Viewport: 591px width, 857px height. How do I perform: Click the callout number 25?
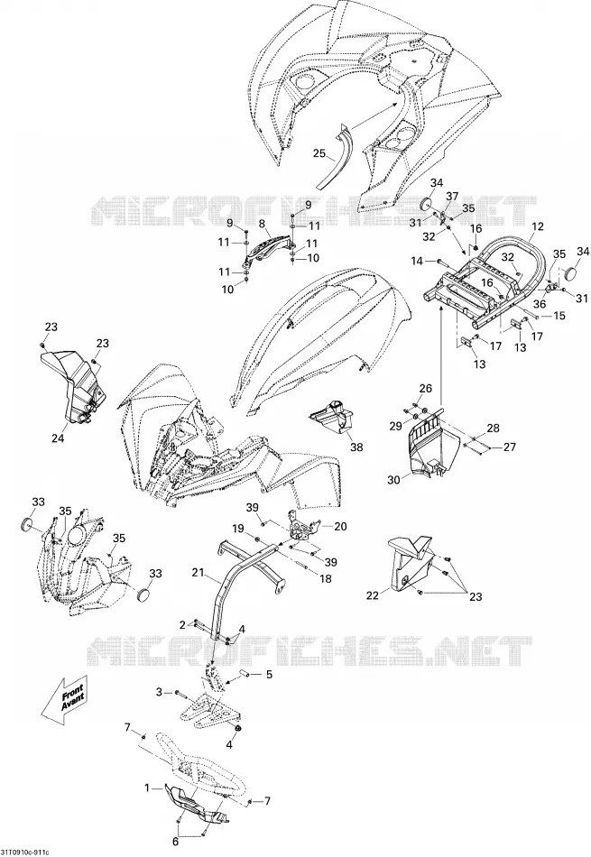tap(319, 153)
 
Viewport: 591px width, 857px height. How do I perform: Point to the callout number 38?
tap(356, 447)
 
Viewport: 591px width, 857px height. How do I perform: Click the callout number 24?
tap(58, 438)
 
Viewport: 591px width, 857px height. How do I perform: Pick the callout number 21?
tap(199, 573)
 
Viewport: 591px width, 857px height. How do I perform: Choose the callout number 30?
tap(394, 479)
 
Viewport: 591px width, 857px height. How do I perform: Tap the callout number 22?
tap(373, 595)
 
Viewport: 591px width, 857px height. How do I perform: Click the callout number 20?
tap(340, 526)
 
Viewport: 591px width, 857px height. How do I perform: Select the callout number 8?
tap(262, 223)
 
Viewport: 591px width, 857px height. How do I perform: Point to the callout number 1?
tap(146, 788)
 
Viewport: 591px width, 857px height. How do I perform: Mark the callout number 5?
tap(269, 675)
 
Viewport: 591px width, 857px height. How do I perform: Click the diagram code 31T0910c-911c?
tap(25, 852)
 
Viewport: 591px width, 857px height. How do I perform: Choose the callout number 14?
tap(417, 262)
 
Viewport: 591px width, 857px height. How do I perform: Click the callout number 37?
tap(451, 197)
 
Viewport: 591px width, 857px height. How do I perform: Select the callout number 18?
tap(326, 579)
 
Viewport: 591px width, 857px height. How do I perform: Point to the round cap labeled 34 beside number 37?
tap(424, 204)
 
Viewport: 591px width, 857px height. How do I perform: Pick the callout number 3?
tap(159, 692)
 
